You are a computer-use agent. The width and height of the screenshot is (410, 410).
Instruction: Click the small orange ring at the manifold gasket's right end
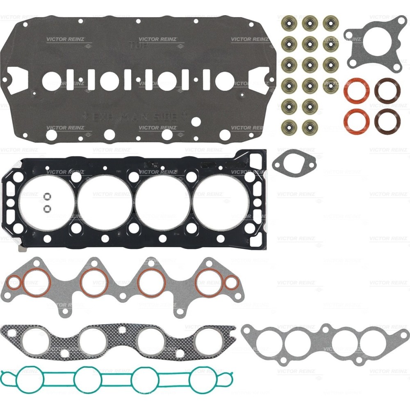coord(231,282)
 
